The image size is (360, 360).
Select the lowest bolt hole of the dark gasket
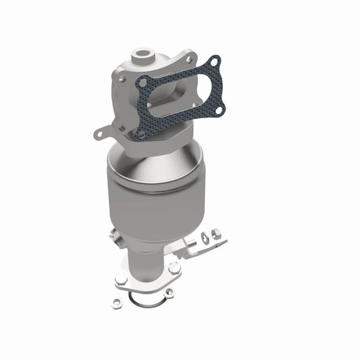141,134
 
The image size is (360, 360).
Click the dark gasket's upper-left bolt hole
142,80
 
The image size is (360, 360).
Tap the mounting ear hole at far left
97,135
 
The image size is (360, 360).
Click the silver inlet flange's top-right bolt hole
189,59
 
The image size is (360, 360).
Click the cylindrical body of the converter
145,196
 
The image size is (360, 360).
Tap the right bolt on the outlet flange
174,268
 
